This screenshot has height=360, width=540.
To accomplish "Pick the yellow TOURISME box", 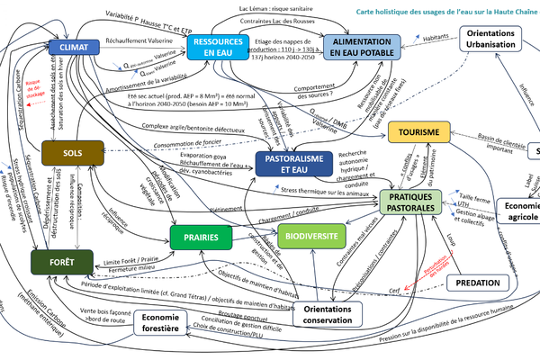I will point(426,134).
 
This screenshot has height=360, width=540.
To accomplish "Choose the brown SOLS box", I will point(74,154).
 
